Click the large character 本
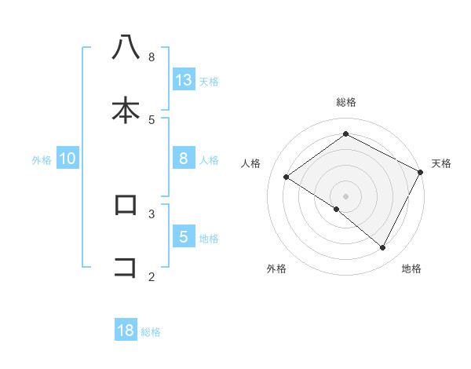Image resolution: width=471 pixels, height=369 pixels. tap(126, 110)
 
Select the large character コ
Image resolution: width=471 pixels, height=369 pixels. tap(126, 267)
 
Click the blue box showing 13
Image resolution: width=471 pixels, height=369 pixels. tap(184, 80)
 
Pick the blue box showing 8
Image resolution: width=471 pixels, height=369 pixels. tap(184, 159)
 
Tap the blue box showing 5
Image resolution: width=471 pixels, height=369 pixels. tap(184, 237)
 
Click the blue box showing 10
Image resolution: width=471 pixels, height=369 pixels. tap(68, 159)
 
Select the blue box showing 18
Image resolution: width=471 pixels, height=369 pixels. tap(126, 331)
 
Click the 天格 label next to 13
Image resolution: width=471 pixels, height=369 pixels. tap(209, 81)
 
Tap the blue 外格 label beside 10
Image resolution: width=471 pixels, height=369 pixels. tap(42, 159)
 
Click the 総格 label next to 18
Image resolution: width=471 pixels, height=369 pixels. tap(151, 331)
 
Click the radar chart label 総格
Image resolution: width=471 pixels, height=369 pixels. tap(345, 102)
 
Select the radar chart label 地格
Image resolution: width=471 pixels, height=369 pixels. tap(411, 269)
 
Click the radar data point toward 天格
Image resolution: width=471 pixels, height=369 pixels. tap(421, 172)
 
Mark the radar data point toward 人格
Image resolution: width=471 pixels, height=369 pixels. tap(287, 177)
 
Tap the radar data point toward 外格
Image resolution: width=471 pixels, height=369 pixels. tap(337, 210)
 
